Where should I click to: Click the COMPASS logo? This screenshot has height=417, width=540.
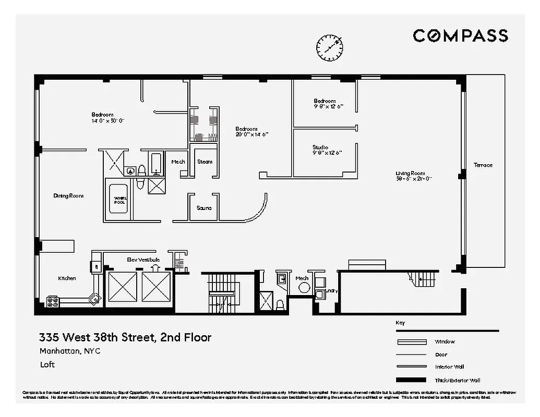[x=460, y=35]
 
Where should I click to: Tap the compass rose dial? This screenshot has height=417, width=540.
[x=330, y=47]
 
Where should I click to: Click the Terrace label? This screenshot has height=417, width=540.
[x=483, y=165]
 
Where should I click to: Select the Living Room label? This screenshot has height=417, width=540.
[x=410, y=173]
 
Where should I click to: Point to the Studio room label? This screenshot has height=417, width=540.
[x=320, y=147]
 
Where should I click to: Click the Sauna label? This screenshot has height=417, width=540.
[x=204, y=208]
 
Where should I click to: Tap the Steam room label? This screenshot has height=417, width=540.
[x=205, y=162]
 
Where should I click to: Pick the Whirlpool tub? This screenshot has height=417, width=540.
[x=119, y=200]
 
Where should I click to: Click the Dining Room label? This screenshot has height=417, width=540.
[x=68, y=196]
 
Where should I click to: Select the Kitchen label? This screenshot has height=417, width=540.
[x=67, y=278]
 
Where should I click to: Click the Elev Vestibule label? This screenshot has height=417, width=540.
[x=143, y=260]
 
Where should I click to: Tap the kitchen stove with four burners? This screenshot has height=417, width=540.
[x=53, y=302]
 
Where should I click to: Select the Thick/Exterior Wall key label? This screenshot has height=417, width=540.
[x=457, y=380]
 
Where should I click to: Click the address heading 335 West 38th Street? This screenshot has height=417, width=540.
[x=125, y=337]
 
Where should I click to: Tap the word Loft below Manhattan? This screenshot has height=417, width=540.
[x=47, y=364]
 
